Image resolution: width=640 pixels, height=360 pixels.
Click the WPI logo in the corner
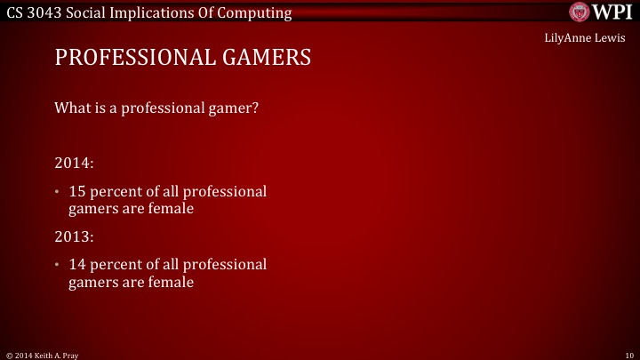pyautogui.click(x=599, y=12)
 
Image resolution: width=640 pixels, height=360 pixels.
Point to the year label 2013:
pyautogui.click(x=74, y=237)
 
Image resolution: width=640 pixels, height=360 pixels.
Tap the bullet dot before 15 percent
pyautogui.click(x=58, y=192)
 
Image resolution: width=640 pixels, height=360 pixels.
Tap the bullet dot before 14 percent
pyautogui.click(x=58, y=266)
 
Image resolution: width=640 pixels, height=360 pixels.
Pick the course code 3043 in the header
pyautogui.click(x=51, y=12)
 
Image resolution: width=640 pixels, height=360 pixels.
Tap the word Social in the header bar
pyautogui.click(x=95, y=12)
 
